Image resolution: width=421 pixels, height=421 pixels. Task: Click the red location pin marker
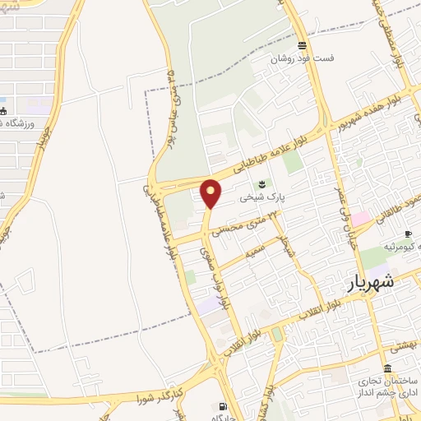211,193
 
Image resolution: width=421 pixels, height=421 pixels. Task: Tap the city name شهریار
367,282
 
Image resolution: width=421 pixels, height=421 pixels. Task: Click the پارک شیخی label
261,197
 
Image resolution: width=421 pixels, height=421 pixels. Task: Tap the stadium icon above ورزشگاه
3,110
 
